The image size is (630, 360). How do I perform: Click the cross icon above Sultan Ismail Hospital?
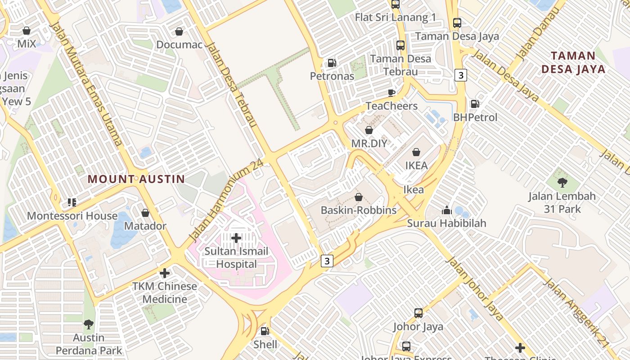[x=236, y=238]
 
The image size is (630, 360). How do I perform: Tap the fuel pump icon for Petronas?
[x=332, y=63]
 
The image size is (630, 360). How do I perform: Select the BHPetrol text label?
[x=475, y=117]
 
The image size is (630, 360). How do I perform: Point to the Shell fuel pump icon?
[x=265, y=331]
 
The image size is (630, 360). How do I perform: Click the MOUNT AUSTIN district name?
[x=136, y=179]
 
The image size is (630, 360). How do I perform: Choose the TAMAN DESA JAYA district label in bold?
[x=573, y=63]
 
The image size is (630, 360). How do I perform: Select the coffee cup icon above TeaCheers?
[x=391, y=93]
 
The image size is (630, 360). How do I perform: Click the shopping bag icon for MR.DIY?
[x=369, y=130]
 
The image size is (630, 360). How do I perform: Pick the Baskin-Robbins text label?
[x=359, y=210]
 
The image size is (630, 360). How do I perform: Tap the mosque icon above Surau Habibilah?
[x=446, y=210]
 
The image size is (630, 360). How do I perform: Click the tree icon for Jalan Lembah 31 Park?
[x=562, y=183]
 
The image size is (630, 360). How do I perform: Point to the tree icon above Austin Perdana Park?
[x=89, y=324]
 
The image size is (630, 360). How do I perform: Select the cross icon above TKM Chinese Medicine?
[x=165, y=273]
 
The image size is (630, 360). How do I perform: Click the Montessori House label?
[x=72, y=216]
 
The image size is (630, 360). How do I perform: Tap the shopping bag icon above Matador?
[x=145, y=213]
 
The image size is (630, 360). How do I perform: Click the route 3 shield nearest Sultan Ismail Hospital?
[x=327, y=261]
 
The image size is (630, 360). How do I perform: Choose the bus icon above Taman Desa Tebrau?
[x=400, y=45]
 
